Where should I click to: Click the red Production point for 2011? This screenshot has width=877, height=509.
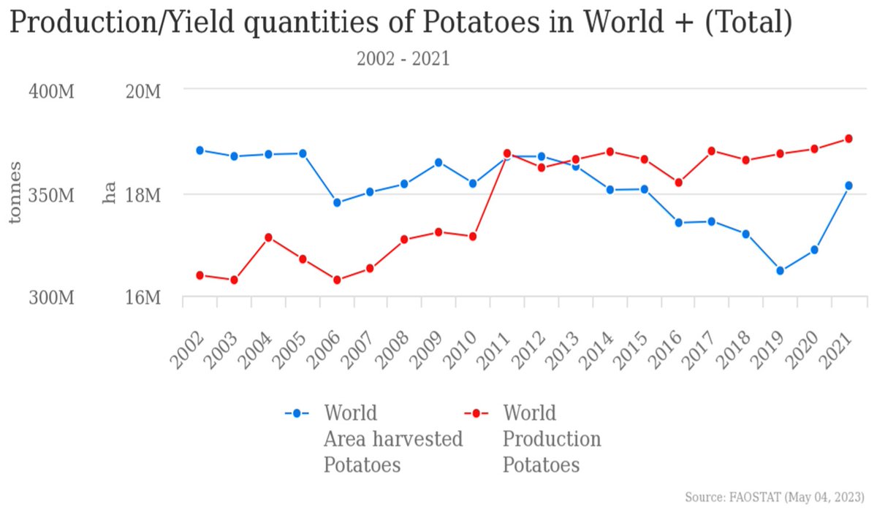507,153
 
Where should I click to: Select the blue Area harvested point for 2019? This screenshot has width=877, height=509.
780,270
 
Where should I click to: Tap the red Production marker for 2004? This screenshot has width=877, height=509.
268,237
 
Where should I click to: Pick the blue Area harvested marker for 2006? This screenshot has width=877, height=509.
337,202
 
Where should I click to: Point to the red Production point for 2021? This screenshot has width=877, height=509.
848,139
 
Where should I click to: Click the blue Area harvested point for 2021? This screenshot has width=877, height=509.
848,185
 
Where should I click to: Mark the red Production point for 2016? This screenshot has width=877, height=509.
678,183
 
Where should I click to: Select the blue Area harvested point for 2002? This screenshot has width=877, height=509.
200,150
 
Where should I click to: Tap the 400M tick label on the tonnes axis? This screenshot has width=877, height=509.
51,92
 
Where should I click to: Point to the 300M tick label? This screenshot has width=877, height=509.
51,299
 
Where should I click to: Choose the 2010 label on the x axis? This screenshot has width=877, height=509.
460,348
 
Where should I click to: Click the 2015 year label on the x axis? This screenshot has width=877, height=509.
631,348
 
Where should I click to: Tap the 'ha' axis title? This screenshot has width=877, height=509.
110,194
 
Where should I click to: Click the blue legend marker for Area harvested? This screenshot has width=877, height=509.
297,413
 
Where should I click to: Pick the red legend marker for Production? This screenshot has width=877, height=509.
476,413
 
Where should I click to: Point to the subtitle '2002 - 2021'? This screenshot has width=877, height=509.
403,59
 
